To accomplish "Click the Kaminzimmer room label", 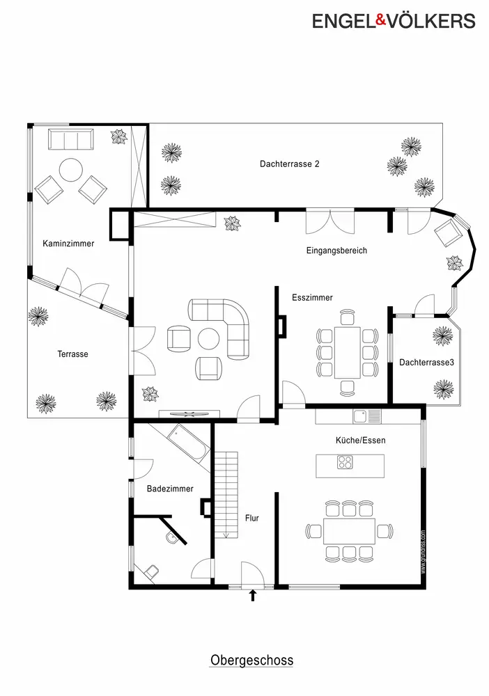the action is point(68,243).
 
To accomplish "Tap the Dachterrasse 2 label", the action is point(290,164).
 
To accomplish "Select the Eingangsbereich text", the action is point(336,251).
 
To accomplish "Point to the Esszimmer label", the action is point(312,297).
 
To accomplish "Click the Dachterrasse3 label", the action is point(426,362).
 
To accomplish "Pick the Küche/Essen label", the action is point(360,441).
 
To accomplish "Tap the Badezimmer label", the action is point(170,489).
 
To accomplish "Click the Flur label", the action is point(252,518).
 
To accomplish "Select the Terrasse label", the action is point(72,354).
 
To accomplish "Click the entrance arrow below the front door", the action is point(253,595).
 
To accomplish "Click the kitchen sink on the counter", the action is point(367,416).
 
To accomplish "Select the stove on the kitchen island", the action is point(345,463).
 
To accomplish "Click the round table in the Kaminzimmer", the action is point(71,170).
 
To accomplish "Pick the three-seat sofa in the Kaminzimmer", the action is point(71,139).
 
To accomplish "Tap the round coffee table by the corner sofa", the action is point(208,340).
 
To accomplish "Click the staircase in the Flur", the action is point(226,495).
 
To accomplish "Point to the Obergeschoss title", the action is point(252,660).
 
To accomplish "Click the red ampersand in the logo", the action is point(382,19).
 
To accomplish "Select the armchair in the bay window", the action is point(448,232).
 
